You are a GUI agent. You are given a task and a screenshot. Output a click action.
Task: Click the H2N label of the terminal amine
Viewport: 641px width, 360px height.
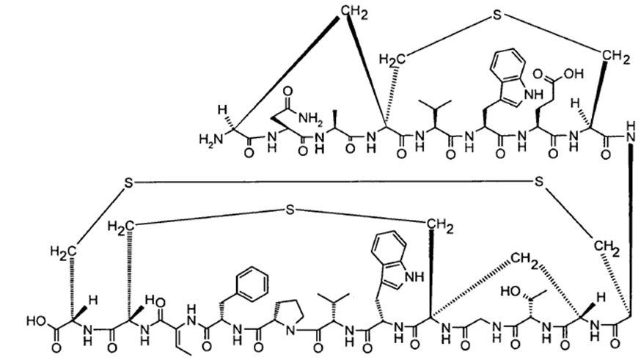pos(210,139)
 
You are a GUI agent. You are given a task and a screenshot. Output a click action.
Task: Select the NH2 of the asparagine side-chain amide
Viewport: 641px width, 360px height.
pos(311,118)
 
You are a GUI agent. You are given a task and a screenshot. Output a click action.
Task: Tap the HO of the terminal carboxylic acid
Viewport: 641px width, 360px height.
pos(37,320)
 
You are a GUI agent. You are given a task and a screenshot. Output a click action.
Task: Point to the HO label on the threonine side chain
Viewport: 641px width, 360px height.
pos(511,291)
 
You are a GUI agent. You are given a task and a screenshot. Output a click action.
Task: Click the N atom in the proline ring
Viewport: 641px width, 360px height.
pos(290,330)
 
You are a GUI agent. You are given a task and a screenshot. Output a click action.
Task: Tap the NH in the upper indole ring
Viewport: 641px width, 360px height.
pos(532,95)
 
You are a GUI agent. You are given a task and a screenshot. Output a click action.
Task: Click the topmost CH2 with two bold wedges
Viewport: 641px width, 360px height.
pos(354,12)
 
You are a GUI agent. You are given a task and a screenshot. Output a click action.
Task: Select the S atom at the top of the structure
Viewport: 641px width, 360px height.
pos(497,15)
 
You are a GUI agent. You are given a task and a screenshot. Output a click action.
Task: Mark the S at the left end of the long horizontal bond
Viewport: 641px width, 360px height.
pos(128,183)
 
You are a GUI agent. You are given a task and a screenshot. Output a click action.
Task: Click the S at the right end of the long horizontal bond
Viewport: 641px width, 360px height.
pos(539,180)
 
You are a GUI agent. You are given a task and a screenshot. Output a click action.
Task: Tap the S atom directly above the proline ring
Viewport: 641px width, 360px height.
pos(290,210)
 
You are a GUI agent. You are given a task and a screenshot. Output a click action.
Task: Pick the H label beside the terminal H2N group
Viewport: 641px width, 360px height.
pos(222,109)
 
